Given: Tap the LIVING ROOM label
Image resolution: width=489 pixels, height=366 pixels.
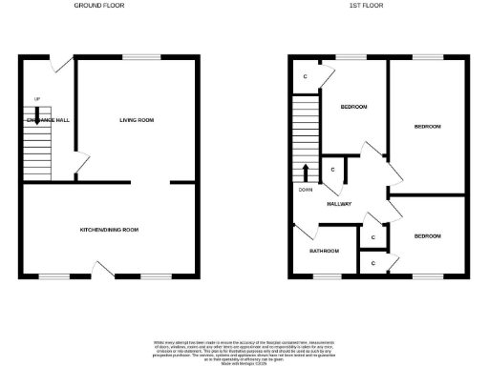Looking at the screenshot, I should [x=137, y=120].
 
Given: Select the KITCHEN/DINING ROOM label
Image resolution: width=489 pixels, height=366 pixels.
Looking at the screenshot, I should [x=110, y=230].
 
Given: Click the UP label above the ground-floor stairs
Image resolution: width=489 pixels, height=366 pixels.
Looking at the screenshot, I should [x=37, y=100].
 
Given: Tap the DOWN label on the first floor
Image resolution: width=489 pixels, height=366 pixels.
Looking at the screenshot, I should [x=305, y=189].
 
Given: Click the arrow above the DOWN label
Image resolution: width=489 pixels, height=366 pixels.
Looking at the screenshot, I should [x=306, y=173].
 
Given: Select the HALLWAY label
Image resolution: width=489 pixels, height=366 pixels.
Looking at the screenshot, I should [x=339, y=204].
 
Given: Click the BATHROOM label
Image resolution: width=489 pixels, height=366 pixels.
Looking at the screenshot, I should [x=324, y=251].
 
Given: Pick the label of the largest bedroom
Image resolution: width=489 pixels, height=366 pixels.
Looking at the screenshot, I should [x=427, y=127].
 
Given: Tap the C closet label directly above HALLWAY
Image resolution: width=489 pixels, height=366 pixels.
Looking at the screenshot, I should [x=332, y=170].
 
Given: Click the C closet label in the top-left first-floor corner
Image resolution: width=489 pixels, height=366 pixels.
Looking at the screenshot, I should [x=305, y=76].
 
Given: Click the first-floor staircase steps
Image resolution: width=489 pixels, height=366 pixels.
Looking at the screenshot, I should [x=306, y=133].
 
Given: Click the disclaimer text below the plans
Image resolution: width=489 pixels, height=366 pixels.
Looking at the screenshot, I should [x=244, y=350].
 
